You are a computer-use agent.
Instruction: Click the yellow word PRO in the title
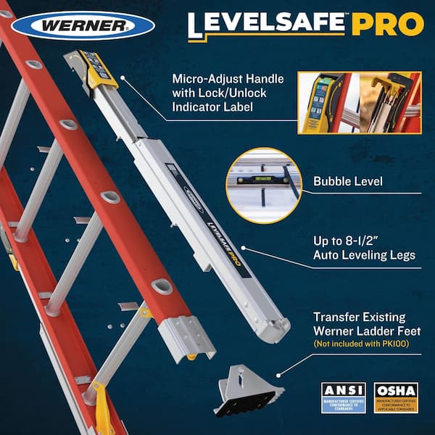(388, 25)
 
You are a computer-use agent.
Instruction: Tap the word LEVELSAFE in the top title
(268, 25)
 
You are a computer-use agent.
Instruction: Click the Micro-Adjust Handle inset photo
(360, 101)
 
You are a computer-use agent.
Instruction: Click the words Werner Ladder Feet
(365, 331)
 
